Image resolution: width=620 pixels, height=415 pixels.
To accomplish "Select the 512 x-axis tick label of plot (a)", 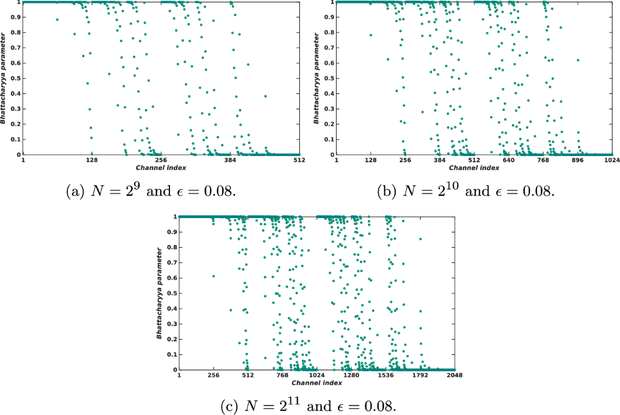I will [299, 160].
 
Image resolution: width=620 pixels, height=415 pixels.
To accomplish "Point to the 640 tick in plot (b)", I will [508, 160].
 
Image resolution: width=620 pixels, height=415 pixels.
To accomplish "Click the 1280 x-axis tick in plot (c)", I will [351, 376].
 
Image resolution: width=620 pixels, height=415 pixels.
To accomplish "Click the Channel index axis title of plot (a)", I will [161, 168].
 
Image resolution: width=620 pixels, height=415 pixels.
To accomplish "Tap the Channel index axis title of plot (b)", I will [474, 168].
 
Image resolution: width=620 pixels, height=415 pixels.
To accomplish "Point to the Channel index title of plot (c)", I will [317, 383].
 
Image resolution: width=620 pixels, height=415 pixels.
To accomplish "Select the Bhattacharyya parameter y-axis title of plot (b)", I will [317, 78].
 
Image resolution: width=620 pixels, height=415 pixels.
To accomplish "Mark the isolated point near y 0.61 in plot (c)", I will [213, 276].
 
